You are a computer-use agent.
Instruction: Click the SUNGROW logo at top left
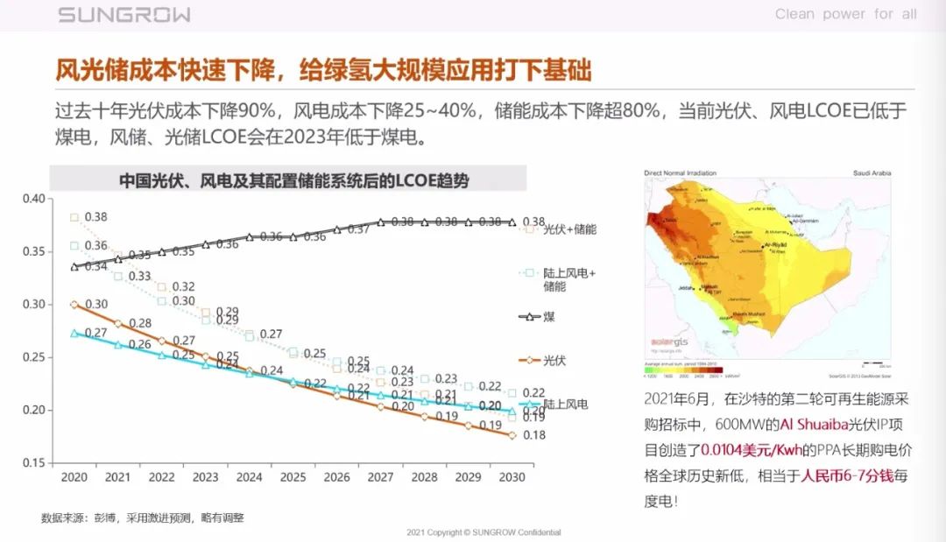(x=124, y=15)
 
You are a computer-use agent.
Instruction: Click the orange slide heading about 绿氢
(x=323, y=69)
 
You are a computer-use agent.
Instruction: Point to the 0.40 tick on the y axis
(x=32, y=199)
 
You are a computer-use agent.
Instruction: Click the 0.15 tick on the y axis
(x=32, y=463)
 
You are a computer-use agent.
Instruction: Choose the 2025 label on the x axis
(x=293, y=478)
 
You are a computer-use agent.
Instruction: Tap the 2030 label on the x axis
(x=512, y=478)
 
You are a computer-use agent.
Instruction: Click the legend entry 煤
(x=548, y=316)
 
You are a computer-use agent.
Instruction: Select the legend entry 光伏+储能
(x=569, y=229)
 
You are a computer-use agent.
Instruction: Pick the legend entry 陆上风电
(x=565, y=405)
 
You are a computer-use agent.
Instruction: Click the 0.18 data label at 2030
(x=533, y=435)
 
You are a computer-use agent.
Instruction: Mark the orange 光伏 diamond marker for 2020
(x=74, y=305)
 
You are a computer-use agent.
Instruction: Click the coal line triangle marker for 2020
(x=74, y=266)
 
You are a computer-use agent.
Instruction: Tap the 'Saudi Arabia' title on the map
(x=872, y=173)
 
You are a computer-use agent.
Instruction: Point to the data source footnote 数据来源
(x=142, y=517)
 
